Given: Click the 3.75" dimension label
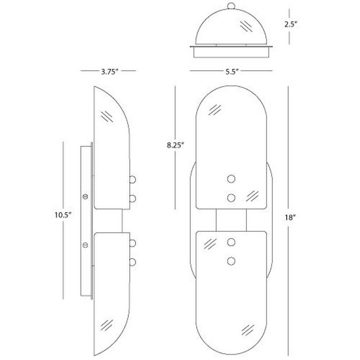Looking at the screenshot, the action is coord(109,72).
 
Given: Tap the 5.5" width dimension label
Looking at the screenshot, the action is coord(232,72).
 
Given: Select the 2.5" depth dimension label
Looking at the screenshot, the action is coord(291,24).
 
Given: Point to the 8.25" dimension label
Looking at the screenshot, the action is coord(176,145).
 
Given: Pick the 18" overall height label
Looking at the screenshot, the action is coord(290,217).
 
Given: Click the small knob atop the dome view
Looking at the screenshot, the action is coord(231,5).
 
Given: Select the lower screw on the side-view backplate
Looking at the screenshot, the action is coord(85,245).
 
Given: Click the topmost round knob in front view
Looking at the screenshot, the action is coord(231,179).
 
